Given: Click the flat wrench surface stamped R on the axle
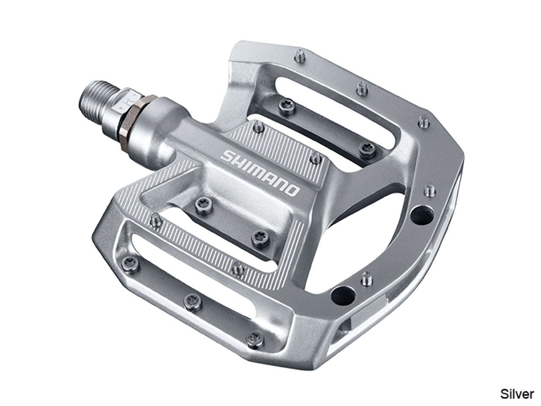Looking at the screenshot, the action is (x=123, y=104).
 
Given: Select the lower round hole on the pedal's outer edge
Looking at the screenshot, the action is (x=343, y=295).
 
